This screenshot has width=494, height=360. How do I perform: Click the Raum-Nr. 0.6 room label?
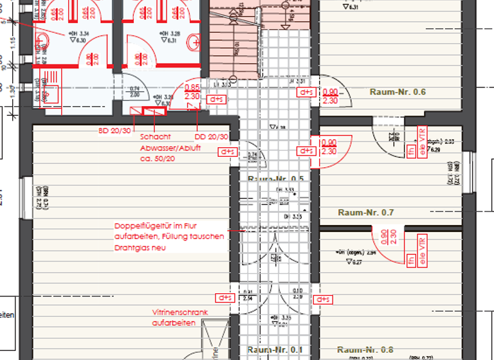point(398,92)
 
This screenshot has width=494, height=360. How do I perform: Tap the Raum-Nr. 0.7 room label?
point(365,212)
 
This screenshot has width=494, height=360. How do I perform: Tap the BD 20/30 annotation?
point(114,130)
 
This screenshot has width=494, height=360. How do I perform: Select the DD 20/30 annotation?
point(211,137)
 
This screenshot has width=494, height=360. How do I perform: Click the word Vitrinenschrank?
point(180,312)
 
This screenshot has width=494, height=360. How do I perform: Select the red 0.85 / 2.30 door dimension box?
point(192,92)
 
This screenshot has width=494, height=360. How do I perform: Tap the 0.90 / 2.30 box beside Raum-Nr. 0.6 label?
point(329,96)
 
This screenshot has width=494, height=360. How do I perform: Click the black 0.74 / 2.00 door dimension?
point(135,92)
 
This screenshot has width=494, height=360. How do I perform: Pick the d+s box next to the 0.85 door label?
point(217,100)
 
